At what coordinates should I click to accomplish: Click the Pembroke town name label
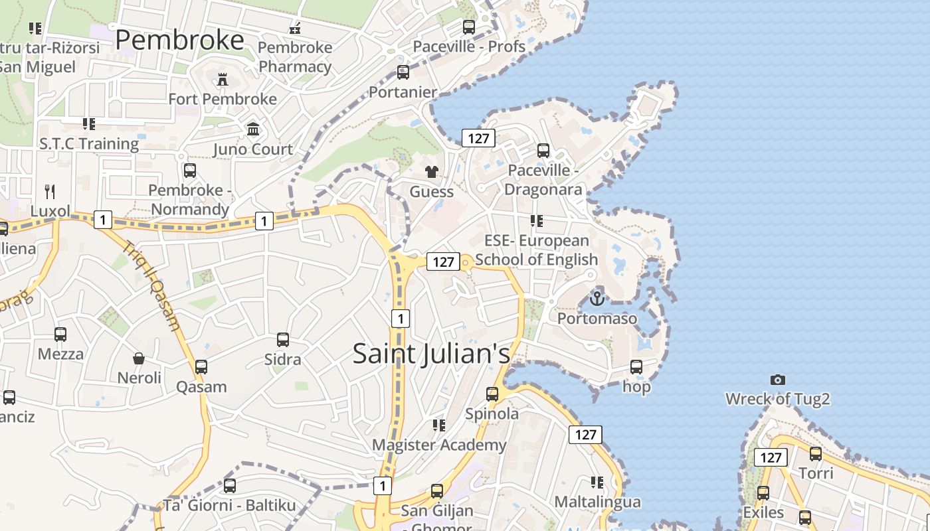[179, 40]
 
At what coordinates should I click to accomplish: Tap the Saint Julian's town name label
[431, 353]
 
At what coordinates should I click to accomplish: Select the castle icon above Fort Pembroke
[223, 80]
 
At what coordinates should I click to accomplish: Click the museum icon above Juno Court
[253, 129]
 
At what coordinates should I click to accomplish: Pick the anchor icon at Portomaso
[597, 299]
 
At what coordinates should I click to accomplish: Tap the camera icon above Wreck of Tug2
[778, 380]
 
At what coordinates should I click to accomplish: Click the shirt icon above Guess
[432, 172]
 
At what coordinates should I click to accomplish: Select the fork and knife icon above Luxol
[50, 192]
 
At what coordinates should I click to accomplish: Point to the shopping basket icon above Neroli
[139, 358]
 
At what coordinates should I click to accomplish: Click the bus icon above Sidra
[283, 340]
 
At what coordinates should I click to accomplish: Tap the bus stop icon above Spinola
[492, 394]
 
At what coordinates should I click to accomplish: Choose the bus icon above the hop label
[636, 367]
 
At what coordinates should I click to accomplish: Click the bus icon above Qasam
[201, 367]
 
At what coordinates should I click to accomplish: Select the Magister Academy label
[439, 445]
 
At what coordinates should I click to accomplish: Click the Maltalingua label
[598, 502]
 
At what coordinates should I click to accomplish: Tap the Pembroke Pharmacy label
[295, 57]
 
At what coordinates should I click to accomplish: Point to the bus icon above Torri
[816, 455]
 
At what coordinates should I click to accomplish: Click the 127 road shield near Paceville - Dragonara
[478, 138]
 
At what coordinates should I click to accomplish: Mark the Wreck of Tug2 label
[778, 400]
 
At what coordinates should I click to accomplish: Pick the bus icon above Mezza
[60, 335]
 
